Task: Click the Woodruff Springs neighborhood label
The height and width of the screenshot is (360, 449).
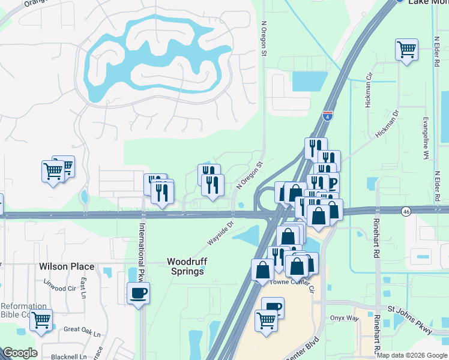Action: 185,266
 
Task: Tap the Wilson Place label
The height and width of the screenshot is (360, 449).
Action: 67,266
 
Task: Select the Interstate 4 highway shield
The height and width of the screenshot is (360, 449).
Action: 328,115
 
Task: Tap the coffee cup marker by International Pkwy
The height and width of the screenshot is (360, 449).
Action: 138,294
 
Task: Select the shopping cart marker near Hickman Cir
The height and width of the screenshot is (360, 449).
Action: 406,50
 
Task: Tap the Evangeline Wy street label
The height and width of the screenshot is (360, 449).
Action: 426,138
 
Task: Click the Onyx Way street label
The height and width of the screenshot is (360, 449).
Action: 344,318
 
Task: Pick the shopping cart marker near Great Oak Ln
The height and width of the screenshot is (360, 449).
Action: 41,321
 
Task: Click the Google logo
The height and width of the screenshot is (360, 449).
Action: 20,353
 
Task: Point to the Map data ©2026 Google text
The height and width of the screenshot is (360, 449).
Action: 412,355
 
